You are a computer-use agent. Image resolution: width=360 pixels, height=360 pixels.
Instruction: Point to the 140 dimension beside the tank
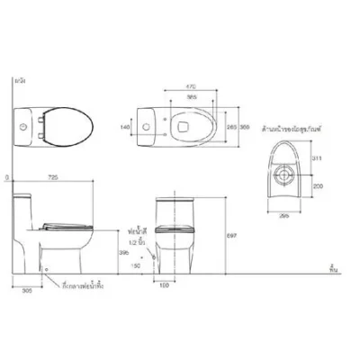point(123,128)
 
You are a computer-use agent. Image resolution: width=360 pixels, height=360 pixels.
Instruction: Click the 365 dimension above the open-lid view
point(190,96)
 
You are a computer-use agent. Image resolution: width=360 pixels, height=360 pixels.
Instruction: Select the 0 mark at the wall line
point(6,178)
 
